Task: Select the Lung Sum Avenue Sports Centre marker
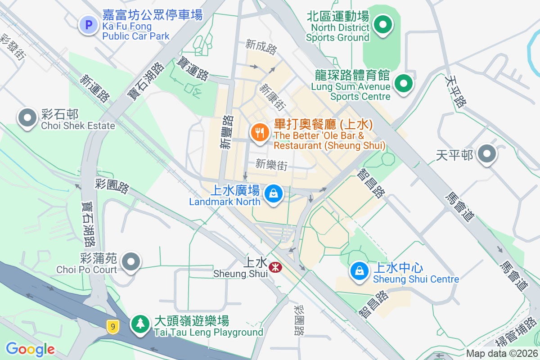pyautogui.click(x=404, y=83)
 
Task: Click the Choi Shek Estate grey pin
pyautogui.click(x=27, y=118)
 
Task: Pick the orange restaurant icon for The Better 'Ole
pyautogui.click(x=260, y=133)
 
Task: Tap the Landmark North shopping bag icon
pyautogui.click(x=273, y=194)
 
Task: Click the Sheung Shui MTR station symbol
pyautogui.click(x=275, y=267)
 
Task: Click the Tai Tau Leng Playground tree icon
pyautogui.click(x=140, y=323)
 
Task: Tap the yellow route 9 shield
pyautogui.click(x=113, y=326)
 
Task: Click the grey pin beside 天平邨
pyautogui.click(x=486, y=154)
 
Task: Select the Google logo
pyautogui.click(x=30, y=349)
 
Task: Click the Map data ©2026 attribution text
pyautogui.click(x=501, y=354)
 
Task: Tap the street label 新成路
pyautogui.click(x=261, y=46)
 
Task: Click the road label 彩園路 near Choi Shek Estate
pyautogui.click(x=112, y=185)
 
